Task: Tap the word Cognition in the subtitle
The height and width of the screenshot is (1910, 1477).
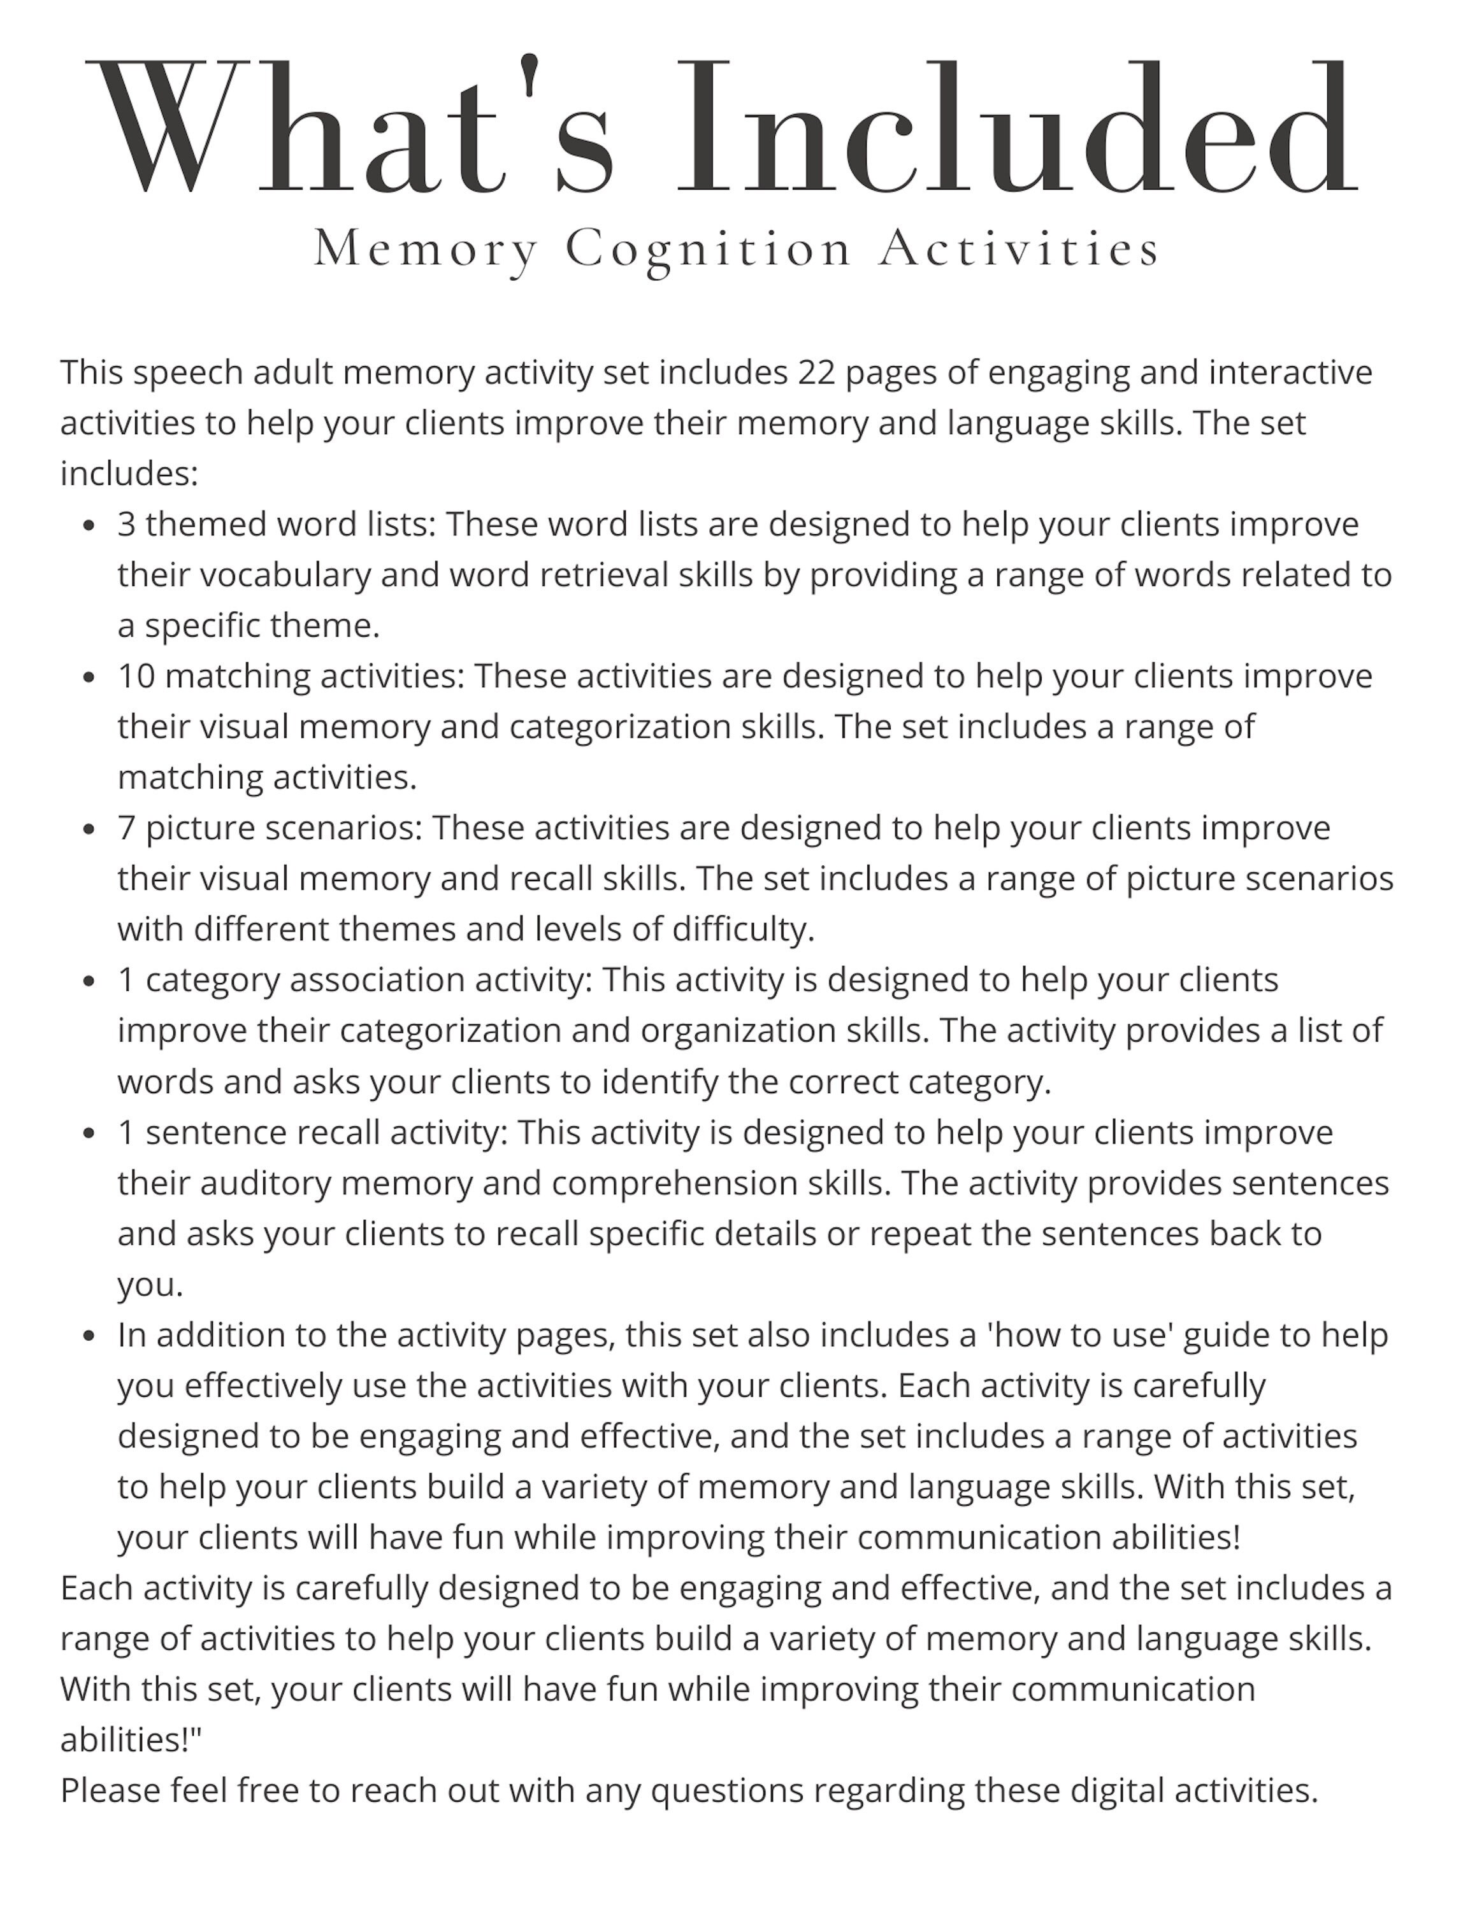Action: click(708, 249)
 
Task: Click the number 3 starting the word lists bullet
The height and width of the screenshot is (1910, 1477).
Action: click(127, 525)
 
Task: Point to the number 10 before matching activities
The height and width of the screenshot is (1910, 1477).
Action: click(136, 676)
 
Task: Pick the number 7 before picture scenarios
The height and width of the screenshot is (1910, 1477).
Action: click(127, 828)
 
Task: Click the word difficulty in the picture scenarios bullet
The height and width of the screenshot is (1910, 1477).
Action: click(743, 930)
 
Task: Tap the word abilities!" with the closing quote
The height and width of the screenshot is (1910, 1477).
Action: click(131, 1741)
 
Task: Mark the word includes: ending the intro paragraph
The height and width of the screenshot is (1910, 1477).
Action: click(129, 474)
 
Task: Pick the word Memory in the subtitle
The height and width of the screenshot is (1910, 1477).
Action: click(425, 249)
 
